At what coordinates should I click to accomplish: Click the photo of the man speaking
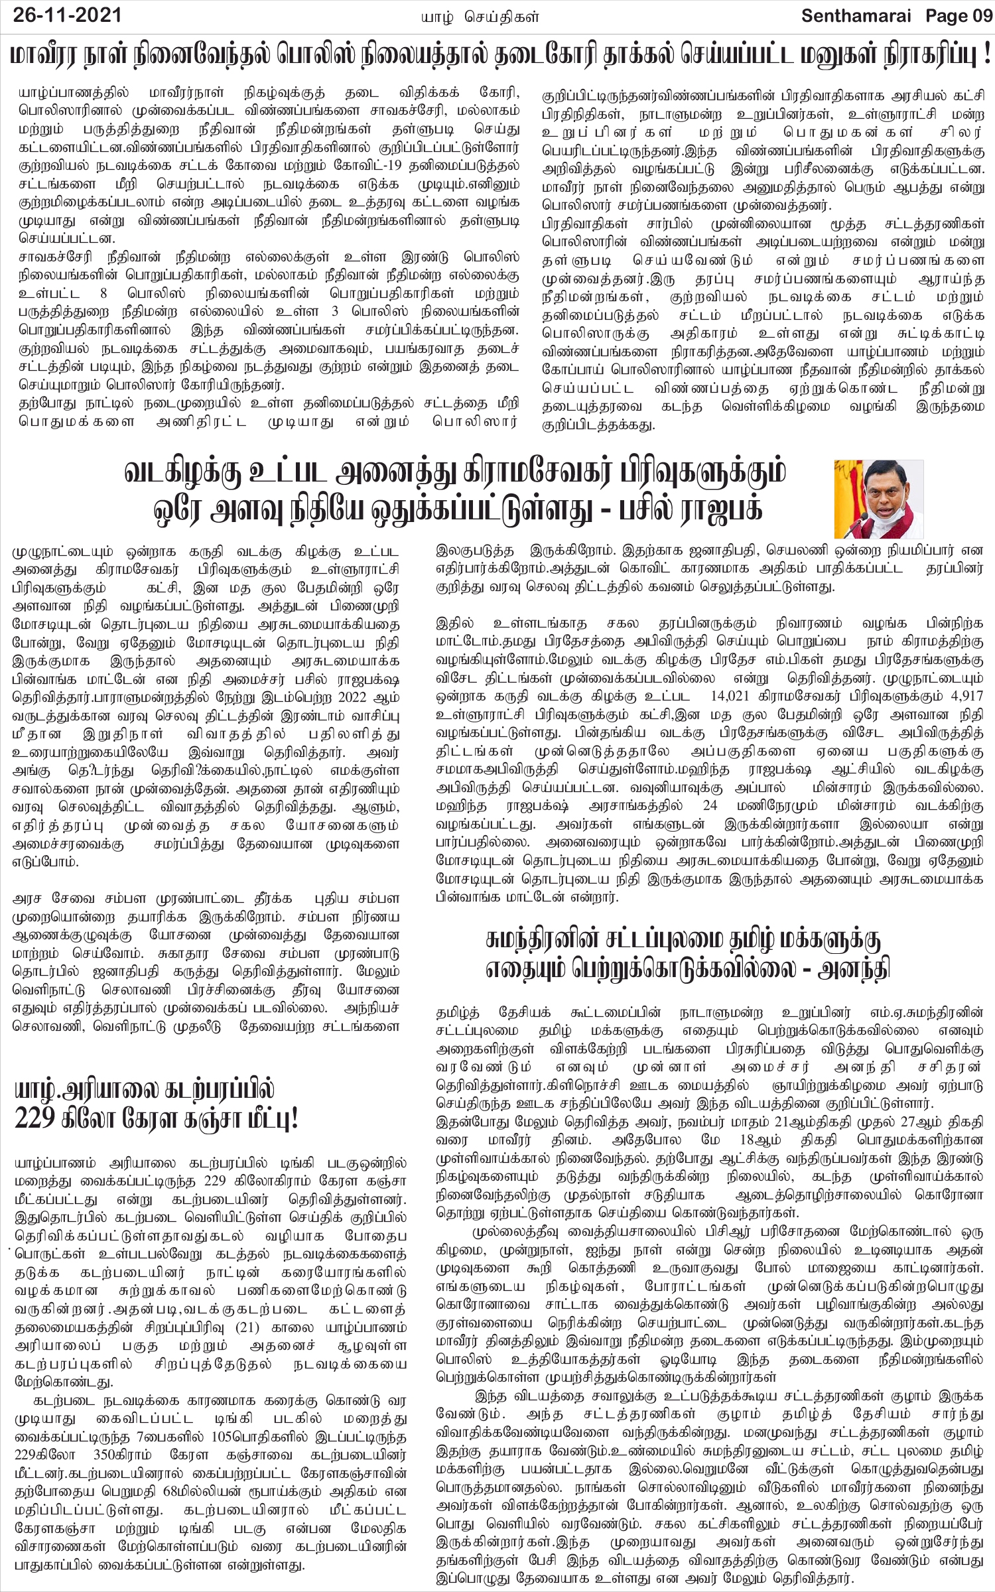pos(878,499)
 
